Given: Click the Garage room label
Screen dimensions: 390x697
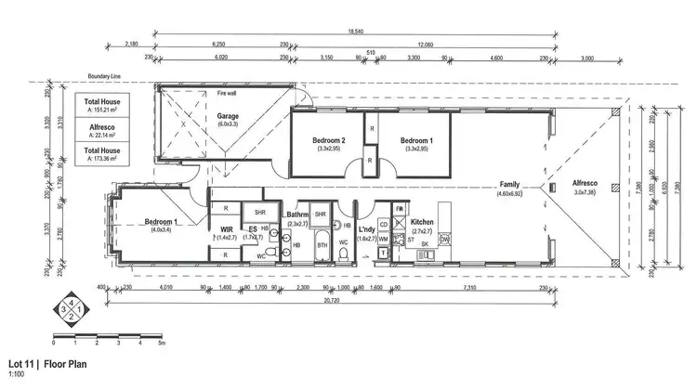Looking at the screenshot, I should click(x=202, y=117).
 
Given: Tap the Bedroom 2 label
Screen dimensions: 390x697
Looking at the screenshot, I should click(x=329, y=140).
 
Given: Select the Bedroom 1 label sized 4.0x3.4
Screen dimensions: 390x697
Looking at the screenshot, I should click(x=164, y=222).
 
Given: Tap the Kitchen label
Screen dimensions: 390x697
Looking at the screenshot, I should click(x=424, y=223).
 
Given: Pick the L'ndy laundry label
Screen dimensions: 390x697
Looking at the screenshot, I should click(x=366, y=228).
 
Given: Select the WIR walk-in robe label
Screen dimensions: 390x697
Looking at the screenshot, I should click(x=226, y=228).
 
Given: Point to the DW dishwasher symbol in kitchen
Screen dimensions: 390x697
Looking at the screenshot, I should click(x=444, y=240).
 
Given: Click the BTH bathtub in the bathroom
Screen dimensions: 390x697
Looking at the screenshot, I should click(x=322, y=245).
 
